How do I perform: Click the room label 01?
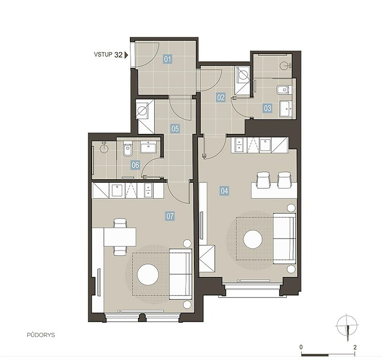tap(168, 59)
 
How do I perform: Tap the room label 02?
tap(221, 98)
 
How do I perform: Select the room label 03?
tap(267, 108)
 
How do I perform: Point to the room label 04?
tap(224, 190)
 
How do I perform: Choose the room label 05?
tap(175, 129)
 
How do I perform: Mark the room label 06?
tap(135, 165)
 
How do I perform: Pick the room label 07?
tap(170, 216)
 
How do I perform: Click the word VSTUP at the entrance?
tap(103, 55)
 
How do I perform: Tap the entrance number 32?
tap(118, 55)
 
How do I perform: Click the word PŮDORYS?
tap(41, 335)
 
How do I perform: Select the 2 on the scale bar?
tap(355, 347)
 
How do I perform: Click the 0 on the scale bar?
tap(301, 347)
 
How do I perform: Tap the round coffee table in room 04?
tap(253, 239)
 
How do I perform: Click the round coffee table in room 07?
tap(148, 274)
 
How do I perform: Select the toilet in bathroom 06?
tap(127, 149)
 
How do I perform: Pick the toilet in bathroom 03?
tap(283, 90)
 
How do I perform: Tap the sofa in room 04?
tap(285, 239)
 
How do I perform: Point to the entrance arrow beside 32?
tap(126, 55)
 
